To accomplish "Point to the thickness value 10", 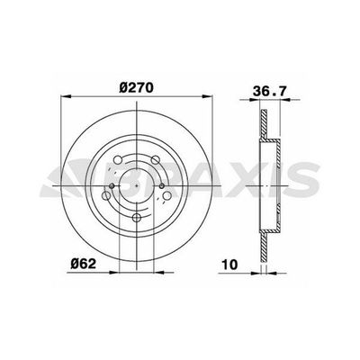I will [x=229, y=265].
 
